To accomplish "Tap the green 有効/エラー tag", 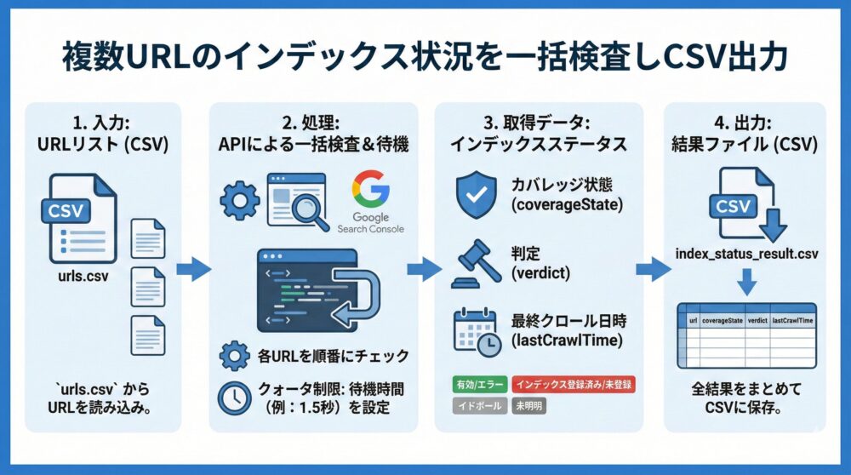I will pyautogui.click(x=477, y=384).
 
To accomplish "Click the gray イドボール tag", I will pyautogui.click(x=477, y=406).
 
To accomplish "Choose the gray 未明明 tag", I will pyautogui.click(x=528, y=406).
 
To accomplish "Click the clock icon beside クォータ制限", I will pyautogui.click(x=234, y=396).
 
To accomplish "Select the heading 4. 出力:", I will pyautogui.click(x=745, y=121).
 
